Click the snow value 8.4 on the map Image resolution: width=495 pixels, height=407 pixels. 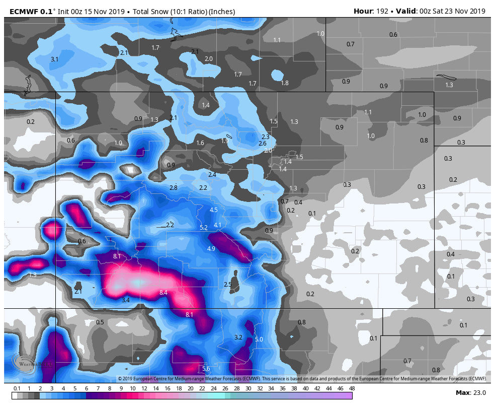tap(163, 293)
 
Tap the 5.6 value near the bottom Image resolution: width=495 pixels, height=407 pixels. tap(206, 369)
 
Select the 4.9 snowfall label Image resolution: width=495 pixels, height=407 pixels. tap(211, 249)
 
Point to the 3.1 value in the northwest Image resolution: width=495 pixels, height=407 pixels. tap(55, 59)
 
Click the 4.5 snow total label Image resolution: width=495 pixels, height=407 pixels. tap(213, 210)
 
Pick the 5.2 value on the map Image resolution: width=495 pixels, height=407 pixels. tap(204, 228)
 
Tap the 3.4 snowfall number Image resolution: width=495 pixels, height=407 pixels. tap(126, 300)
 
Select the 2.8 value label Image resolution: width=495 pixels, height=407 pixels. tap(174, 188)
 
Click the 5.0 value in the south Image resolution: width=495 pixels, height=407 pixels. tap(259, 340)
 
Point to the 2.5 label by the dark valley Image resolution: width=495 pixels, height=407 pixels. tap(227, 285)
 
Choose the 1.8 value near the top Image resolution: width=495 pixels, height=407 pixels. tap(285, 83)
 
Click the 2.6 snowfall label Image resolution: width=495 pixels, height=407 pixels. tap(262, 144)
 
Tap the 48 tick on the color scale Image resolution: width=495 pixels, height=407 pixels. tap(352, 388)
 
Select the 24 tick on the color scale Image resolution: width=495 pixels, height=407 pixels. tap(213, 388)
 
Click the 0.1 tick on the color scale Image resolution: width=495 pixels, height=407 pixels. tap(17, 388)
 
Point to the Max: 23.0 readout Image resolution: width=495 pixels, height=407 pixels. tap(470, 393)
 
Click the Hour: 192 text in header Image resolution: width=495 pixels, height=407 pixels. tap(370, 11)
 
